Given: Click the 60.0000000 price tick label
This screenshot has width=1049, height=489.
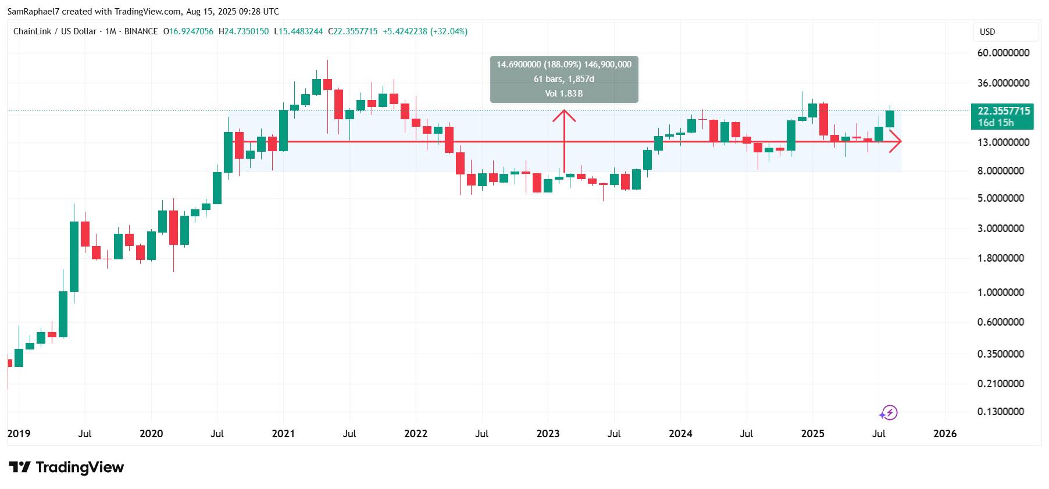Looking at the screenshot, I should [1003, 53].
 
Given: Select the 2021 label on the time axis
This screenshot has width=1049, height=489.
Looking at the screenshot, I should [283, 434].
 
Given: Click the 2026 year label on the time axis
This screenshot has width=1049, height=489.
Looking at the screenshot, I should [945, 434].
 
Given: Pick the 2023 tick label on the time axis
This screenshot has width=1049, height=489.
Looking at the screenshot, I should [548, 434].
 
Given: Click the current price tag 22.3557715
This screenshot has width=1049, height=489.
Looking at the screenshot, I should [1003, 111].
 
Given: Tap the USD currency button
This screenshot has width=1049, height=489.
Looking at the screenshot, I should [987, 32].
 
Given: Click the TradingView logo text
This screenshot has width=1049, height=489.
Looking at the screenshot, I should [80, 467].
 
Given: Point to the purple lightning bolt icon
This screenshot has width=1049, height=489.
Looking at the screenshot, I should [889, 413].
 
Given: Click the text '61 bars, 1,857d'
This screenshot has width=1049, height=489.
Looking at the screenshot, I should [564, 79].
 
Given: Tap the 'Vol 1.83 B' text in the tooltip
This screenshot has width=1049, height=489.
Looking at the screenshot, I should [564, 94].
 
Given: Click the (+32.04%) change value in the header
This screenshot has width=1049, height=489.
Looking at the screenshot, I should [449, 31].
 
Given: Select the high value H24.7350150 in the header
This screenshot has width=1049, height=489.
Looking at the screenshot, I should [244, 31].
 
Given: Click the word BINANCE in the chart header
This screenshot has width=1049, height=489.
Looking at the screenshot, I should [141, 31].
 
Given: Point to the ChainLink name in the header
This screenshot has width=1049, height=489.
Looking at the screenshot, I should [33, 31].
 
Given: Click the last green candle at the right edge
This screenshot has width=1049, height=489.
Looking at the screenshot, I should [890, 119].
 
